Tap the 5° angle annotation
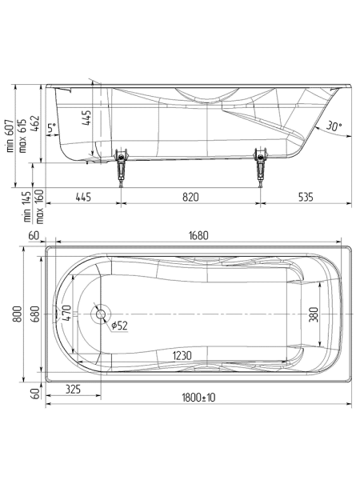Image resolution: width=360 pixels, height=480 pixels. tap(51, 127)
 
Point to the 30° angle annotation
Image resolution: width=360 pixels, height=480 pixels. tap(334, 126)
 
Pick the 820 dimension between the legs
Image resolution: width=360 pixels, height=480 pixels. tap(190, 196)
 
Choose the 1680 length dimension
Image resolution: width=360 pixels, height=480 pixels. tap(198, 235)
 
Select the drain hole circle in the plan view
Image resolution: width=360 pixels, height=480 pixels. tap(101, 314)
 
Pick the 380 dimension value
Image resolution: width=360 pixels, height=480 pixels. tap(314, 314)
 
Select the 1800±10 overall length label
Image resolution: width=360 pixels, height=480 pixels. tap(198, 398)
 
